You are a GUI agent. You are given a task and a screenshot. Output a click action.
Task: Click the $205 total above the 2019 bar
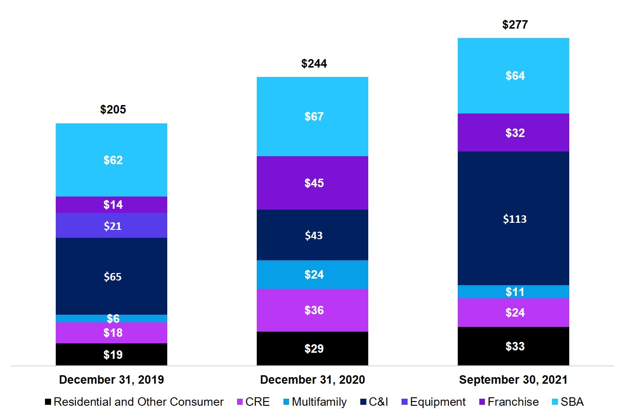[113, 109]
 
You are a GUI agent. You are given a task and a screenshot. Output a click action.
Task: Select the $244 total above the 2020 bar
[314, 64]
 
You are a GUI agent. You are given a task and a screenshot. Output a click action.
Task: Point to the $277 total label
[515, 24]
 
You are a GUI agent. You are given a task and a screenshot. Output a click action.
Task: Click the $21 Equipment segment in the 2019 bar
[112, 226]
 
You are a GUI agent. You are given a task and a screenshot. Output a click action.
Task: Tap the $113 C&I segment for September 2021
[513, 219]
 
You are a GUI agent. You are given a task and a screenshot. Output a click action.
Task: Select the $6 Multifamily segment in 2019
[112, 318]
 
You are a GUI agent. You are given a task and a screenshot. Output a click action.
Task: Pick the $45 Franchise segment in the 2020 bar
[312, 183]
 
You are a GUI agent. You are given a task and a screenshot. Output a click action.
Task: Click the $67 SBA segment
[312, 116]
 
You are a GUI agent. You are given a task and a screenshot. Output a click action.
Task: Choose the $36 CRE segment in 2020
[312, 311]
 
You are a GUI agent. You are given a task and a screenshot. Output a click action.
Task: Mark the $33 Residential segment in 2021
[513, 346]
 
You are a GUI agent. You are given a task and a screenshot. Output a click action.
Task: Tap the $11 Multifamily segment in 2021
[513, 292]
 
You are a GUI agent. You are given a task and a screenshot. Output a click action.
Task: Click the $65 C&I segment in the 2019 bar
[112, 276]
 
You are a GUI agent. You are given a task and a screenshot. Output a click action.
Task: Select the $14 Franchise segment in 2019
[112, 205]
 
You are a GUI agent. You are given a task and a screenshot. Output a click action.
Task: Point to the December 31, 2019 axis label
[112, 380]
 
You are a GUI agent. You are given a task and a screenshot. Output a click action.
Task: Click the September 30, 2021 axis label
[513, 380]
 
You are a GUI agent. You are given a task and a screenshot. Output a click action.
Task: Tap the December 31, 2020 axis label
[312, 380]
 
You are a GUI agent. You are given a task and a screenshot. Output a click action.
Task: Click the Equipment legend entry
[433, 402]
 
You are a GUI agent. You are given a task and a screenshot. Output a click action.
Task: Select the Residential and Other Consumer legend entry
[134, 402]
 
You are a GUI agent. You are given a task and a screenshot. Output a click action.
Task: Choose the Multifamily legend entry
[315, 402]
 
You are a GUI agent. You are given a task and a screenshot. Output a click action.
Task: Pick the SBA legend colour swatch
[555, 402]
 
